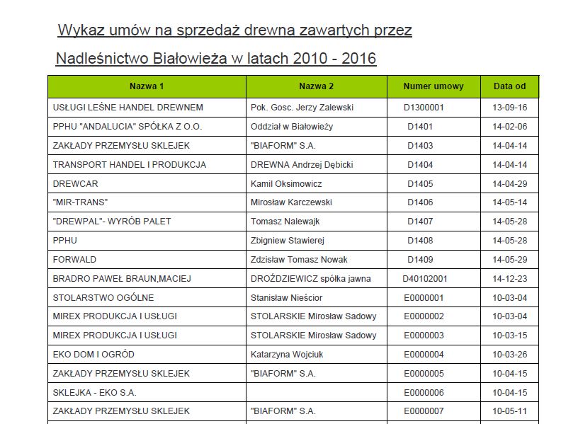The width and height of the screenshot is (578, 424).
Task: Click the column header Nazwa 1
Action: [x=147, y=86]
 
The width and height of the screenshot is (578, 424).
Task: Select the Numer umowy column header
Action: [x=433, y=86]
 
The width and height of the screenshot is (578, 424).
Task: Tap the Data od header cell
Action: [x=509, y=86]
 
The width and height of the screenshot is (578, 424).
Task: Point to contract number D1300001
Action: [x=424, y=108]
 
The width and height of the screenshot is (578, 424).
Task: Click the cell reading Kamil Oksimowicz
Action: [x=286, y=183]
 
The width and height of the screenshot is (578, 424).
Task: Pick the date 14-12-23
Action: [x=509, y=278]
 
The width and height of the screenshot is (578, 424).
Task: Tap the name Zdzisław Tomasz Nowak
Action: [x=299, y=259]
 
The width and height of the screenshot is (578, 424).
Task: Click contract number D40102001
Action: [x=424, y=278]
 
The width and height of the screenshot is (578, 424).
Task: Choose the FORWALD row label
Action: [x=74, y=259]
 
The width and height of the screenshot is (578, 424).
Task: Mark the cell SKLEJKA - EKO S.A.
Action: [x=95, y=392]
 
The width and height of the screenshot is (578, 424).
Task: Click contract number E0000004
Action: [x=424, y=354]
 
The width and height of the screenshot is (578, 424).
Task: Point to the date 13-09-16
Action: [x=509, y=108]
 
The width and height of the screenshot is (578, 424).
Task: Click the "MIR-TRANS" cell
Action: [x=75, y=202]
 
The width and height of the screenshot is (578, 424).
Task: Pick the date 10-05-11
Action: [x=509, y=411]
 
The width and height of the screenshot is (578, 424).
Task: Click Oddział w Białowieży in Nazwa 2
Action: [x=292, y=127]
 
